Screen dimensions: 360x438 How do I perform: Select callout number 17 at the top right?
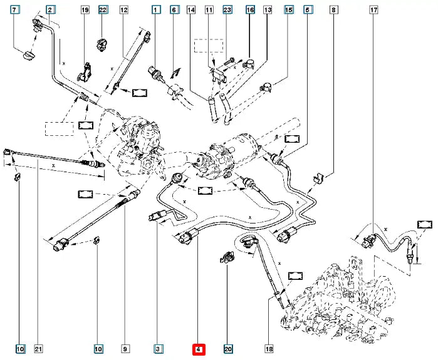click(373, 11)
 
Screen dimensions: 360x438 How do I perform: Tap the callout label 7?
click(14, 11)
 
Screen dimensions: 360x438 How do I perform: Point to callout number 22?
click(103, 11)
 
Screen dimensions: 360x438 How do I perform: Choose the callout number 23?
click(227, 11)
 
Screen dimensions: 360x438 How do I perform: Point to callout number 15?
click(288, 11)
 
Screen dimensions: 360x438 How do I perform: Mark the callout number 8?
click(333, 11)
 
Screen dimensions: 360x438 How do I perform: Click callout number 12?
click(123, 11)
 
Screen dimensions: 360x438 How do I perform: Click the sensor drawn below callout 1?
click(158, 73)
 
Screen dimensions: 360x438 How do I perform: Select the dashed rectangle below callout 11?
click(207, 46)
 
